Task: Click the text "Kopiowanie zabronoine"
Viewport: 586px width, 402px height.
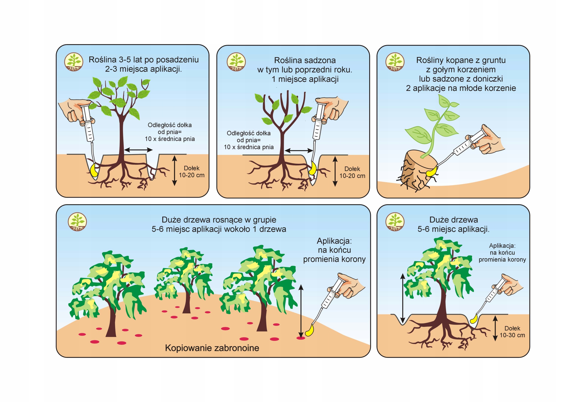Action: click(212, 348)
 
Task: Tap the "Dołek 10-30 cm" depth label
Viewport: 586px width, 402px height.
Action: click(512, 332)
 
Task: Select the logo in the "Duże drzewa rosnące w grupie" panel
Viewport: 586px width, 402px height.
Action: click(77, 222)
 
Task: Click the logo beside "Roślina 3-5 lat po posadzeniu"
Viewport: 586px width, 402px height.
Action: click(74, 62)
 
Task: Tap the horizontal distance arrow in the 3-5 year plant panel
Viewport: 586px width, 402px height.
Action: click(138, 150)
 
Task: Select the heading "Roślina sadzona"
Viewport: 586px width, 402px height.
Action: click(305, 60)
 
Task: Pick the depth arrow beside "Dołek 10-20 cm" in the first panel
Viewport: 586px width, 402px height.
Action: click(174, 171)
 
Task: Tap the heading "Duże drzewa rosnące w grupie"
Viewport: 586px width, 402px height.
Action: click(219, 220)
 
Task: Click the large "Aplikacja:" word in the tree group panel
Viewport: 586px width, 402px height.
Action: click(334, 241)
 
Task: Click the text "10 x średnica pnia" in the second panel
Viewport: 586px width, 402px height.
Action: click(249, 147)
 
